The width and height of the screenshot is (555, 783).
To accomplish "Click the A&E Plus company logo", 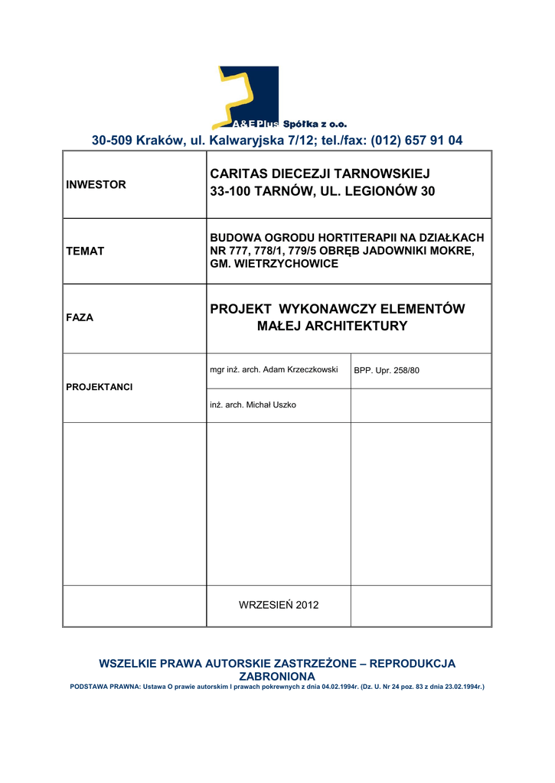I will click(x=248, y=96).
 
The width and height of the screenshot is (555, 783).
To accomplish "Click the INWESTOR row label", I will click(x=96, y=185).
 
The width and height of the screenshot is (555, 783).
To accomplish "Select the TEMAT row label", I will click(x=85, y=251).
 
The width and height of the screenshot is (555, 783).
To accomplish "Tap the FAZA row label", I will click(x=80, y=317).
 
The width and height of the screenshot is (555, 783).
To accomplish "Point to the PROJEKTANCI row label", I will click(x=99, y=387).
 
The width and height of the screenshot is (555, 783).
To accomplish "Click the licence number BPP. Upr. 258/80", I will click(x=387, y=371).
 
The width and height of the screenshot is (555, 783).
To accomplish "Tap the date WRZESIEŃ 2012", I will click(x=279, y=605).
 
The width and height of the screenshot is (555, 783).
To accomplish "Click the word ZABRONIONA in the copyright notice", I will click(x=277, y=677).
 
